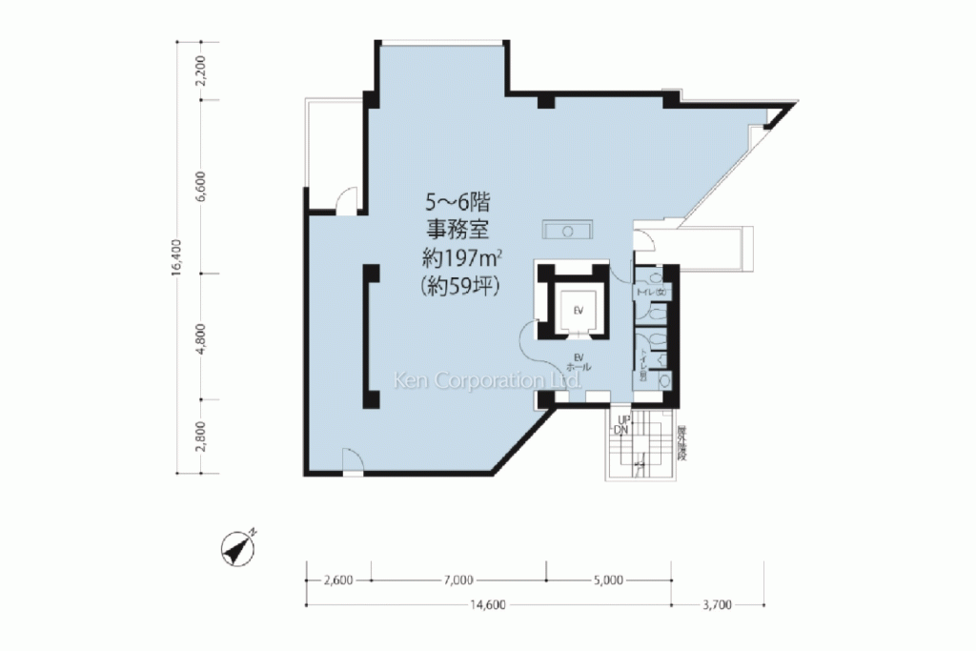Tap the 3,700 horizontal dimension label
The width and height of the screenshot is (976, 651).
pyautogui.click(x=717, y=604)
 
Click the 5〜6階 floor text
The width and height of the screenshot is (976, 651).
pyautogui.click(x=457, y=201)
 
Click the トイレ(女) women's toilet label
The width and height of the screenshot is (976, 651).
pyautogui.click(x=652, y=292)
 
